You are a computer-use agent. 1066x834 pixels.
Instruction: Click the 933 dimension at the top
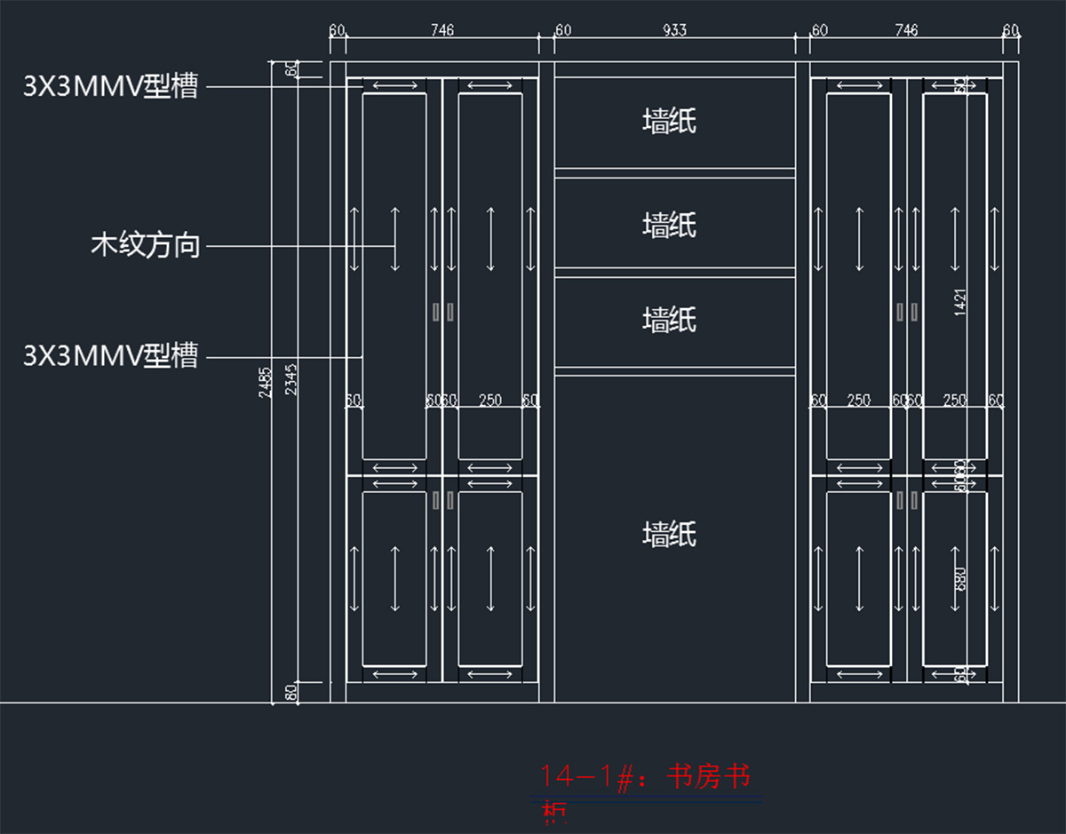click(x=674, y=30)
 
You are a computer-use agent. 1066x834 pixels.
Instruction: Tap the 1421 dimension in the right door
click(x=959, y=302)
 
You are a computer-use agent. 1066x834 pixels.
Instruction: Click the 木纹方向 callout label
click(x=146, y=245)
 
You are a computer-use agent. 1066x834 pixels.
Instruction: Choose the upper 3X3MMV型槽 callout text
click(x=110, y=86)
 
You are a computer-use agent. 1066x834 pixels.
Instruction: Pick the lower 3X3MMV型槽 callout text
click(x=110, y=356)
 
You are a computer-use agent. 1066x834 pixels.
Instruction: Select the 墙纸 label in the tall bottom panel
click(x=669, y=534)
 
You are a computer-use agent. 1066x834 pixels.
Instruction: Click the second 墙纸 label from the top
click(x=669, y=225)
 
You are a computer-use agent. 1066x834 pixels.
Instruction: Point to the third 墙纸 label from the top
click(x=669, y=319)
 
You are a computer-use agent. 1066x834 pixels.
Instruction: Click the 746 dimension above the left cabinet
click(x=442, y=30)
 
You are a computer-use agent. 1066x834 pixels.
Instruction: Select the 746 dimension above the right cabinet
click(x=906, y=30)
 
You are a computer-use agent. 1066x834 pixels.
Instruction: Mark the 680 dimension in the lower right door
click(x=959, y=580)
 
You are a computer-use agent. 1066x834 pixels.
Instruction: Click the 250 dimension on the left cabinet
click(x=489, y=401)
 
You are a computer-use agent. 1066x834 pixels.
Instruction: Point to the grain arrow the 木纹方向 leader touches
click(x=395, y=240)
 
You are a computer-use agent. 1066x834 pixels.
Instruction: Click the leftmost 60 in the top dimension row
click(x=337, y=30)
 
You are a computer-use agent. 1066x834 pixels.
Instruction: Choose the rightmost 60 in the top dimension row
click(x=1011, y=30)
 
